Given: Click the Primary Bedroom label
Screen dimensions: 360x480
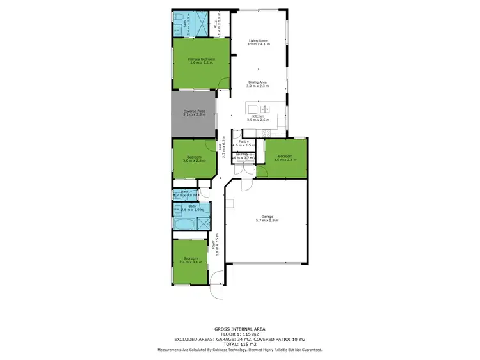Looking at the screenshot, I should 201,61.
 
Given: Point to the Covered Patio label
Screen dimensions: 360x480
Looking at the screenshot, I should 194,113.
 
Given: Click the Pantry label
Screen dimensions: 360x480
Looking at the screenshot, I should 243,143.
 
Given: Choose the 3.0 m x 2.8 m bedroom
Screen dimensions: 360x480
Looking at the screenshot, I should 194,159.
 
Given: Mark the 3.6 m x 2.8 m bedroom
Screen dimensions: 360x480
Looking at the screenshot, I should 284,158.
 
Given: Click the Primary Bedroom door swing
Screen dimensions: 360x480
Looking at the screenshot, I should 223,83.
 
